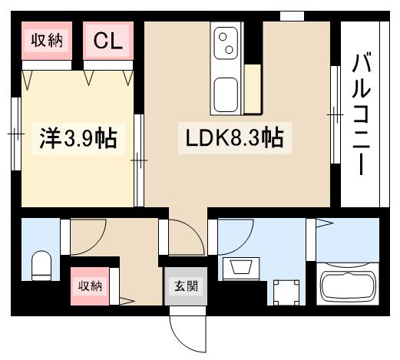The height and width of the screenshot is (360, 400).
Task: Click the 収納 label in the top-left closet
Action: point(45,41)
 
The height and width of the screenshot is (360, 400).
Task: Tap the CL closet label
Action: point(108,41)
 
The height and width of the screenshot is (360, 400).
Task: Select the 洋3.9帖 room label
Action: point(78,138)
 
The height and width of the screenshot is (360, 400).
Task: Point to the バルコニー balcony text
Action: point(359,114)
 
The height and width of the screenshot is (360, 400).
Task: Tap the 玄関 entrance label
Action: point(185,287)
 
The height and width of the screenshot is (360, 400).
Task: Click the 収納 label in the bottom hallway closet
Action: point(90,286)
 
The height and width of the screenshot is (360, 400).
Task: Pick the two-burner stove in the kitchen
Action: point(227,41)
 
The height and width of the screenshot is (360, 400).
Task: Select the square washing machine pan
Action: point(288,291)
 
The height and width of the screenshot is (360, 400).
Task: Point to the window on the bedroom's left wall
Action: point(16,134)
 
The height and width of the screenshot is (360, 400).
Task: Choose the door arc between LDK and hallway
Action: point(185,238)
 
